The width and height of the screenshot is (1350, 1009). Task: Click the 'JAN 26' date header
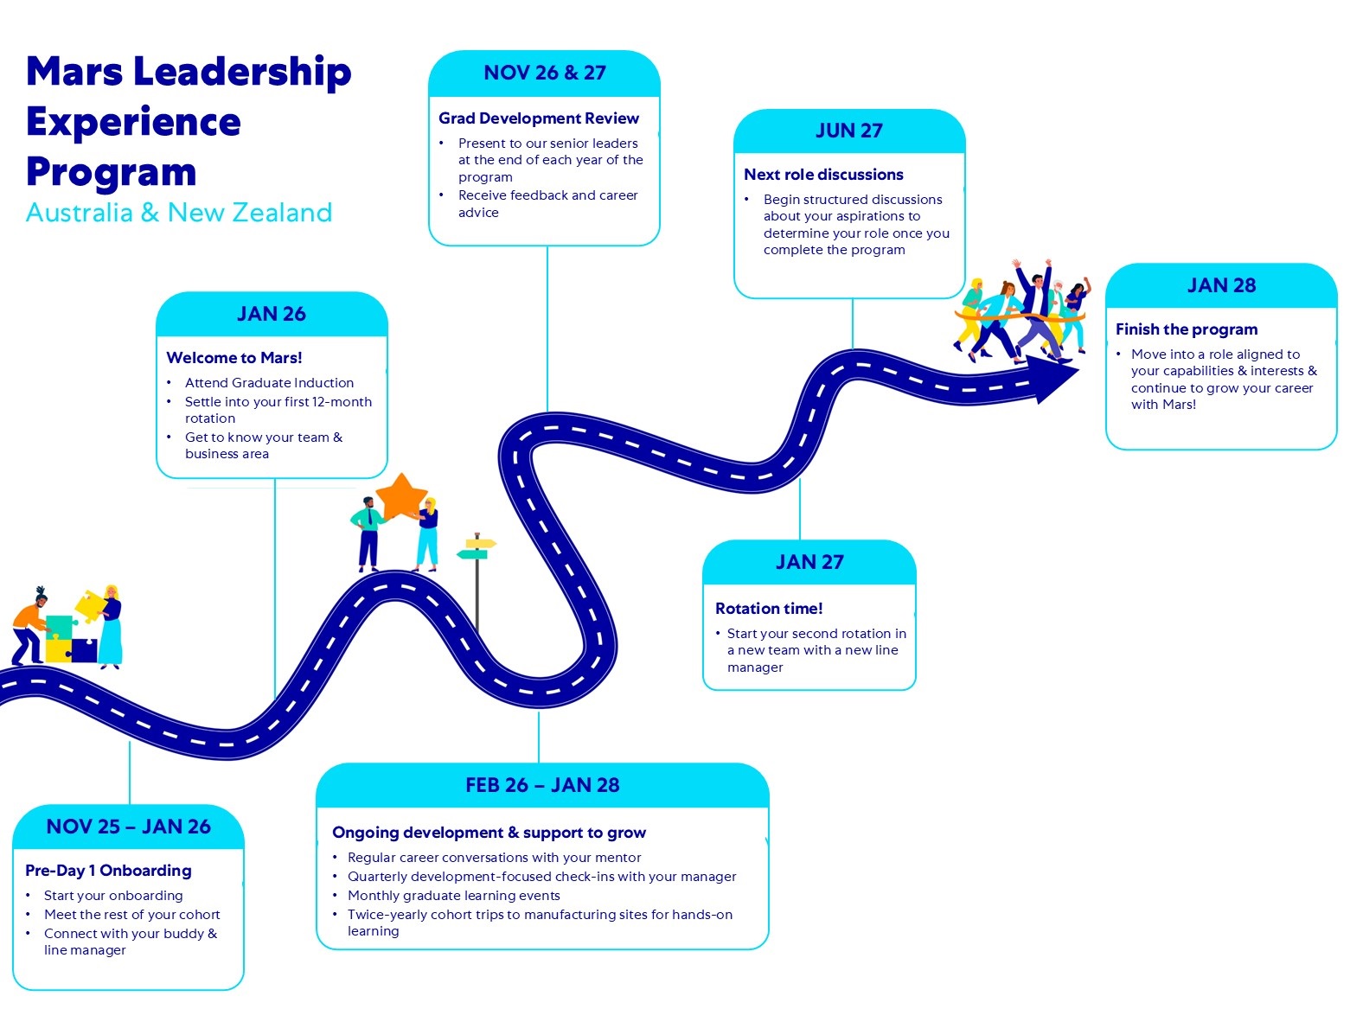click(x=272, y=314)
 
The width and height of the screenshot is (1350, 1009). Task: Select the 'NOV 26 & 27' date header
click(x=545, y=73)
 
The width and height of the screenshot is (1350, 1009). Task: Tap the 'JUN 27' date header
click(x=849, y=131)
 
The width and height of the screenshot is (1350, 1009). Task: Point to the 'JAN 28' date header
click(x=1221, y=285)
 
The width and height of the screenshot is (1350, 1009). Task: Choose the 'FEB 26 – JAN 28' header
click(x=542, y=785)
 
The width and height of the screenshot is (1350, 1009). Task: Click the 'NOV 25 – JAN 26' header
click(x=128, y=827)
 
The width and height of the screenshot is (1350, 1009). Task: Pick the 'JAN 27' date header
click(x=809, y=562)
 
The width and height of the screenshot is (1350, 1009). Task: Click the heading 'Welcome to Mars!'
click(x=234, y=358)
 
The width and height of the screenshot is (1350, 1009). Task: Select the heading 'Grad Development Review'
click(x=539, y=118)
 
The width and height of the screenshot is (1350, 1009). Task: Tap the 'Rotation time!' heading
click(x=769, y=609)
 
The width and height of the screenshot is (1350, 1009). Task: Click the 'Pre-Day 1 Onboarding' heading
click(x=108, y=871)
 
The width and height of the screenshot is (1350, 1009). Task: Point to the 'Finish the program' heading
click(x=1187, y=329)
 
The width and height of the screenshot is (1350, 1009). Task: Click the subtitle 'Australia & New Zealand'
click(x=179, y=213)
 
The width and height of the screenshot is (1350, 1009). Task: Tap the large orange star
click(x=400, y=496)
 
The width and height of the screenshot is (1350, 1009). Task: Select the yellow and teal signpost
click(x=477, y=548)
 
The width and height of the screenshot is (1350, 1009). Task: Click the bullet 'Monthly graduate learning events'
click(x=454, y=896)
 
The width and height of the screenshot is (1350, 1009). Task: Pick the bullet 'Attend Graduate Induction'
click(x=269, y=383)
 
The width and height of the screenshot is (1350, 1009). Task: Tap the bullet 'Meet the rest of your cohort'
click(x=132, y=915)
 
